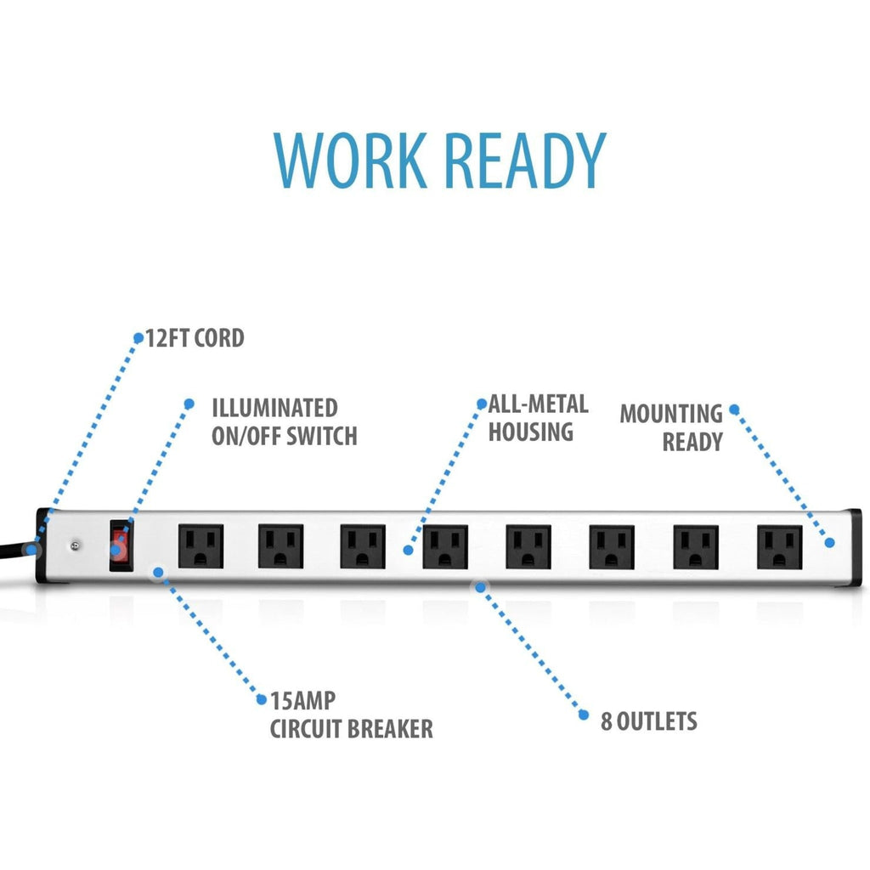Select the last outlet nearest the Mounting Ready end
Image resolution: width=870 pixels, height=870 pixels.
pos(779,547)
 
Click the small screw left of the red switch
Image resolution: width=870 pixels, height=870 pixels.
pos(76,546)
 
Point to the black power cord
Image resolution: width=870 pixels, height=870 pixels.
pos(14,552)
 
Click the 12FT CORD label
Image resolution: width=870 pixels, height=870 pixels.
pos(195,338)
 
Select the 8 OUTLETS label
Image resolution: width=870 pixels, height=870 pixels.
pos(649,721)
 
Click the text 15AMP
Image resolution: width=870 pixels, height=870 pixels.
pos(302,701)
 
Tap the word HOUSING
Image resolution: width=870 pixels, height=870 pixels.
pos(531,432)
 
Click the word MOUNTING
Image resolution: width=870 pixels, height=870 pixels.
pos(670,414)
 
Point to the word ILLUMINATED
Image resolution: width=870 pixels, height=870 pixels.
pos(274,408)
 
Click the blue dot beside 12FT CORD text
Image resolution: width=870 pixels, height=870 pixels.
pos(138,337)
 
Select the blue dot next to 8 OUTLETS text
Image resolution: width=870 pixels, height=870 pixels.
pos(584,715)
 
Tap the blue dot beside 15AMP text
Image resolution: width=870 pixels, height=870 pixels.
pos(262,700)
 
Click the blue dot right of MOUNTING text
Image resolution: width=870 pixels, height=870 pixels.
pos(734,410)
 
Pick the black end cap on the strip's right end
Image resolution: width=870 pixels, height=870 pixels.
pos(853,549)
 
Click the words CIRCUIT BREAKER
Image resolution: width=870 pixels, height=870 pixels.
pos(351,728)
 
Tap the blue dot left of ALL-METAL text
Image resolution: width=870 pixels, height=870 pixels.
pos(482,403)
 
